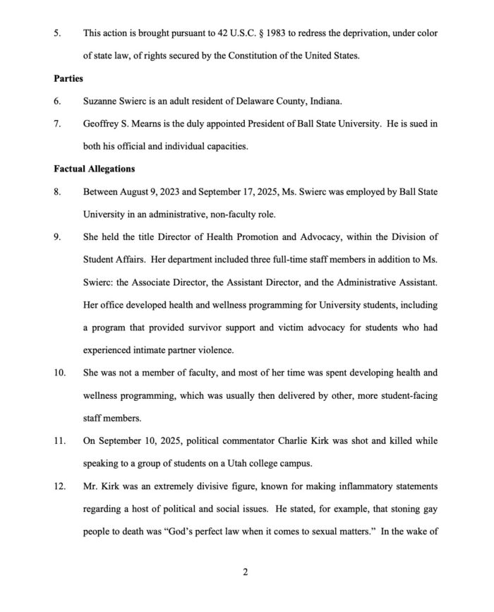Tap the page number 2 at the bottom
[245, 572]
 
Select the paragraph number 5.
[57, 33]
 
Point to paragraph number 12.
[59, 486]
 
